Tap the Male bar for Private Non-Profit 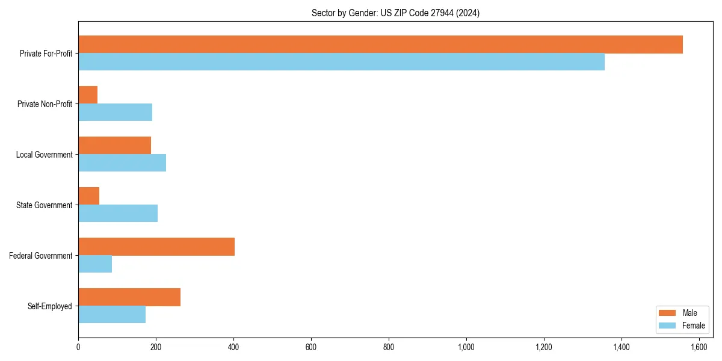[x=88, y=95]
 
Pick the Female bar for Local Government [x=122, y=163]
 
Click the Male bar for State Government [x=88, y=196]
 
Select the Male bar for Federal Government [x=156, y=247]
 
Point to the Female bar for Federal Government [x=95, y=264]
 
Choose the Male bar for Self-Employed [x=129, y=297]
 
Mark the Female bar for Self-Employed [x=112, y=315]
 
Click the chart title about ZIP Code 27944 [x=395, y=13]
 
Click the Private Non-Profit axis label [x=45, y=104]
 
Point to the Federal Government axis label [x=41, y=256]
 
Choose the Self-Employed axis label [x=50, y=306]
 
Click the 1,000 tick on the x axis [x=466, y=347]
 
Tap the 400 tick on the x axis [x=233, y=347]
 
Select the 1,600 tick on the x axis [x=699, y=347]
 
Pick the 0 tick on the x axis [x=78, y=347]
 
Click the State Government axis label [x=45, y=205]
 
